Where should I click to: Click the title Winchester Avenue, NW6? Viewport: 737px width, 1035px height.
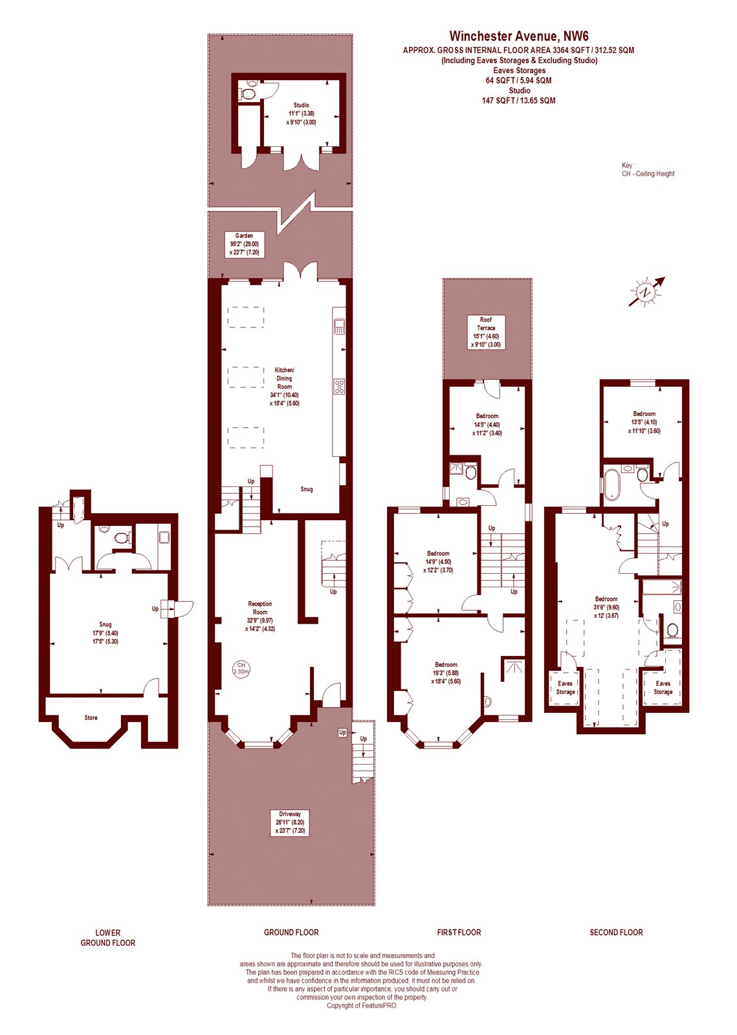click(519, 36)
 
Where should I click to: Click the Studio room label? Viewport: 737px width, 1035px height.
click(302, 113)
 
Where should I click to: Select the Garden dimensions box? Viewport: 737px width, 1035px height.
click(245, 245)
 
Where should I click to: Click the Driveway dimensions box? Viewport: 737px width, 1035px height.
click(290, 822)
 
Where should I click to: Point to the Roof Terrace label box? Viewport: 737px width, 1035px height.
click(486, 332)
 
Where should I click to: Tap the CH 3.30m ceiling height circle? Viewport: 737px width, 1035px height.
click(241, 668)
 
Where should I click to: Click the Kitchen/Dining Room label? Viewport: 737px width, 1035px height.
click(285, 386)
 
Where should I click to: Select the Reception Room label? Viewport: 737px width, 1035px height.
click(260, 616)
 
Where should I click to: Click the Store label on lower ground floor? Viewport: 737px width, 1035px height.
click(91, 717)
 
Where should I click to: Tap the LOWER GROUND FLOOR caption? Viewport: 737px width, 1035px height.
click(108, 937)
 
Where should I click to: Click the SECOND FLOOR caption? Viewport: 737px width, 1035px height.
click(616, 932)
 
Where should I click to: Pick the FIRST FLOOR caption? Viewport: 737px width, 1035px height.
click(459, 932)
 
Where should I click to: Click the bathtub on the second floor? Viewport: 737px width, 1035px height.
click(611, 483)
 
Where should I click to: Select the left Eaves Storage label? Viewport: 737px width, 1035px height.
click(566, 688)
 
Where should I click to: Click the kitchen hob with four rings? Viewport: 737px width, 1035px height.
click(339, 387)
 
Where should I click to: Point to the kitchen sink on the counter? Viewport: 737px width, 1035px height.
click(339, 326)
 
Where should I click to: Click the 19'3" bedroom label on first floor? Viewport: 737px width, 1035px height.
click(446, 673)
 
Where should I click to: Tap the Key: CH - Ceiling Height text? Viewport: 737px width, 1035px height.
click(648, 169)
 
